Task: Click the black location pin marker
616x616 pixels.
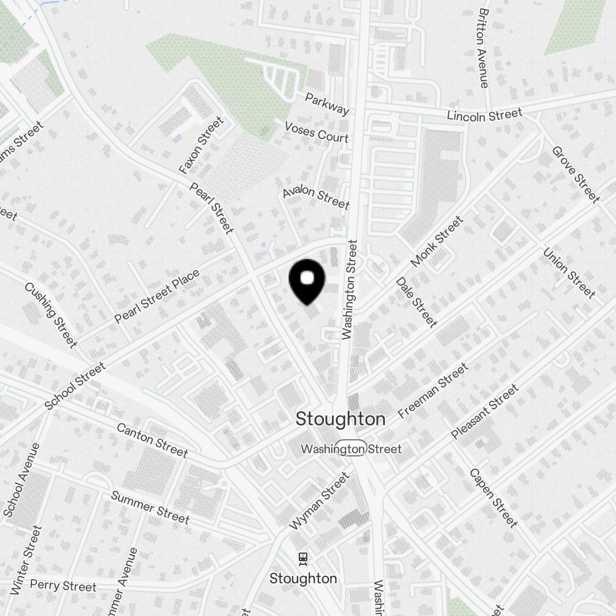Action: click(x=307, y=280)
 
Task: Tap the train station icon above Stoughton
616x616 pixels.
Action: click(x=303, y=558)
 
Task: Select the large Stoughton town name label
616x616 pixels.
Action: click(x=341, y=419)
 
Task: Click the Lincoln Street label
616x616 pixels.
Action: click(x=484, y=115)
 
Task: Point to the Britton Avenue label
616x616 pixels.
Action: click(x=484, y=47)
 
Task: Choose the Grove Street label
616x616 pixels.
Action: click(x=575, y=174)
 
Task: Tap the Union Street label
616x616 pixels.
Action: click(x=569, y=272)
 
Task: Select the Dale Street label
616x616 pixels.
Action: click(x=417, y=301)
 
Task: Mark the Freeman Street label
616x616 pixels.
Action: click(x=433, y=391)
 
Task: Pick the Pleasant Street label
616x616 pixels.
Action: click(x=485, y=411)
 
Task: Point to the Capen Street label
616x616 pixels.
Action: click(x=493, y=498)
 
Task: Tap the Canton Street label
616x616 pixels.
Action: click(x=152, y=440)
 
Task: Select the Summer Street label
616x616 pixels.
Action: click(x=150, y=507)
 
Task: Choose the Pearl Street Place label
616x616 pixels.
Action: click(x=157, y=296)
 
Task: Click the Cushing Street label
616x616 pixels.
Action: click(x=51, y=315)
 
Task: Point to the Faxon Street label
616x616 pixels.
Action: click(x=201, y=145)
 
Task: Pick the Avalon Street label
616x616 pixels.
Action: click(x=316, y=198)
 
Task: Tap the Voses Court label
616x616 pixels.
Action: click(x=317, y=132)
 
